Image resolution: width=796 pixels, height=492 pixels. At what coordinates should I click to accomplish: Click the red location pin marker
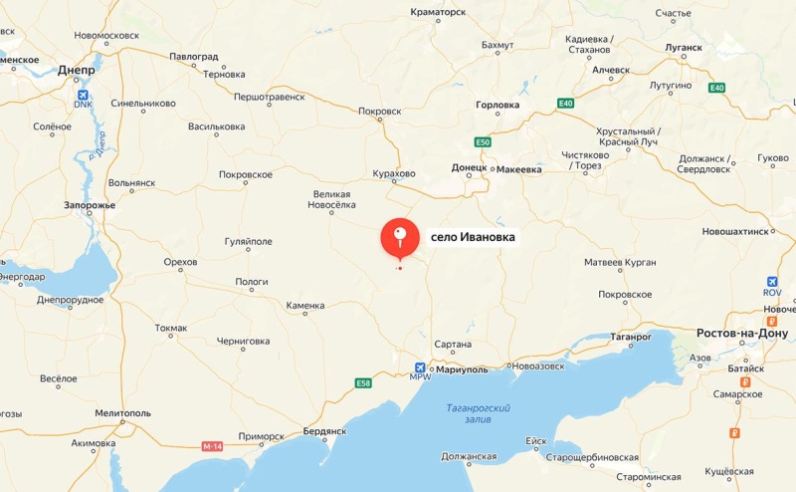[x=400, y=237]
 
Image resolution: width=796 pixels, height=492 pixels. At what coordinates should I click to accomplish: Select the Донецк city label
[x=469, y=168]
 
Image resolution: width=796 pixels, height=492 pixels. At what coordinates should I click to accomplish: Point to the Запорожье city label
[x=90, y=205]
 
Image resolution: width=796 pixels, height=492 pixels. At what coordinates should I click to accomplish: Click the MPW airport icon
[x=420, y=369]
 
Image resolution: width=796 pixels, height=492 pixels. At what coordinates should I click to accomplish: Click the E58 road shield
[x=364, y=382]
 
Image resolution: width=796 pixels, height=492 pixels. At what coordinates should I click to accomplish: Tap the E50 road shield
[x=483, y=142]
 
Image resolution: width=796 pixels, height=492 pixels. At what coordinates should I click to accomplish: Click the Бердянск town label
[x=323, y=431]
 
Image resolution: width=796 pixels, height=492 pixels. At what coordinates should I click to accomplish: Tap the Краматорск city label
[x=438, y=13]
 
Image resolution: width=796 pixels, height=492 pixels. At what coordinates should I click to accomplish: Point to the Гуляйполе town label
[x=249, y=241]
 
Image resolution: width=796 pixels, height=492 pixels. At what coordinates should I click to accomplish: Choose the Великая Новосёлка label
[x=331, y=199]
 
